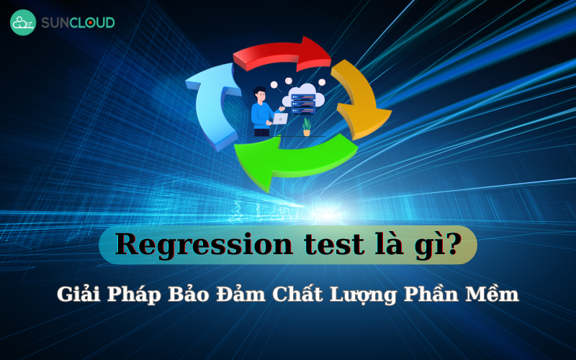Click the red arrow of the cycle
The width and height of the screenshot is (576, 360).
click(x=277, y=54)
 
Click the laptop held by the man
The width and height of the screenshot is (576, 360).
click(x=279, y=118)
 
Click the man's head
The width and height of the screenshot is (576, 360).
click(x=260, y=94)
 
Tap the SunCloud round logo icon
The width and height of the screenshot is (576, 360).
click(x=23, y=22)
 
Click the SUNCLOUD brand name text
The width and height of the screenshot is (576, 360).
click(x=77, y=22)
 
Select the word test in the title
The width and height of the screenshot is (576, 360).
click(x=321, y=245)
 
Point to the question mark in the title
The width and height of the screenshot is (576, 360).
click(x=453, y=244)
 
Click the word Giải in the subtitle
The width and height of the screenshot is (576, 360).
click(x=78, y=295)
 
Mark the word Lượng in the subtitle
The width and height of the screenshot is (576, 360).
click(x=372, y=295)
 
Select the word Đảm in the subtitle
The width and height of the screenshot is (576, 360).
click(x=244, y=295)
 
